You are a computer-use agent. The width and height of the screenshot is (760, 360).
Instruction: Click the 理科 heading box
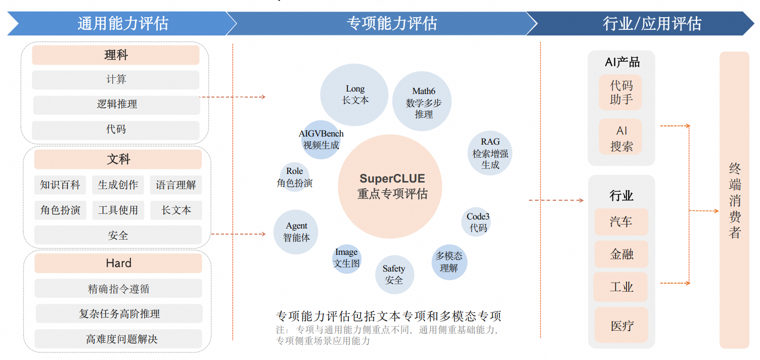tap(116, 55)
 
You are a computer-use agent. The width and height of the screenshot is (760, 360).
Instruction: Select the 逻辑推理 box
tap(117, 105)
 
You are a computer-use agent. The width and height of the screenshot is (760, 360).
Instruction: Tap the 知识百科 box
tap(60, 185)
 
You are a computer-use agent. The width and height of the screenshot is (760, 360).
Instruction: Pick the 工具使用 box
tap(118, 210)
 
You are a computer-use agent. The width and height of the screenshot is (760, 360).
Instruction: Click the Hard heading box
tap(118, 263)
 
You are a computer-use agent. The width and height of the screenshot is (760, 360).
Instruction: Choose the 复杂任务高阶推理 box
tap(119, 314)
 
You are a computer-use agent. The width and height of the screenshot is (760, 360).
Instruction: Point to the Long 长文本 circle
tap(354, 95)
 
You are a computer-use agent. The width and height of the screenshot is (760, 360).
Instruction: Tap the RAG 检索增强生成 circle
tap(489, 153)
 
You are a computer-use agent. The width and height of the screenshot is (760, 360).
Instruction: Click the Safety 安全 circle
tap(394, 275)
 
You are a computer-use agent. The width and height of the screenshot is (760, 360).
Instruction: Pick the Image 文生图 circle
tap(346, 258)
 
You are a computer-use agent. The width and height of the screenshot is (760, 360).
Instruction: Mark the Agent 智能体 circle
tap(296, 232)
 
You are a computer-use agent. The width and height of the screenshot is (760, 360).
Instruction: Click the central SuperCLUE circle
tap(392, 186)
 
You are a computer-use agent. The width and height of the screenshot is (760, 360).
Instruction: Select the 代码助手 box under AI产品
tap(620, 93)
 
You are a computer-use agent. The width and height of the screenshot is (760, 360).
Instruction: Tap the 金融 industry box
tap(621, 254)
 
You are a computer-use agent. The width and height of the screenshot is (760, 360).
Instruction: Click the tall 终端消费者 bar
tap(734, 200)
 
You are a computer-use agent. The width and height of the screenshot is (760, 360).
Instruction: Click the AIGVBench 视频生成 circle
tap(321, 140)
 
